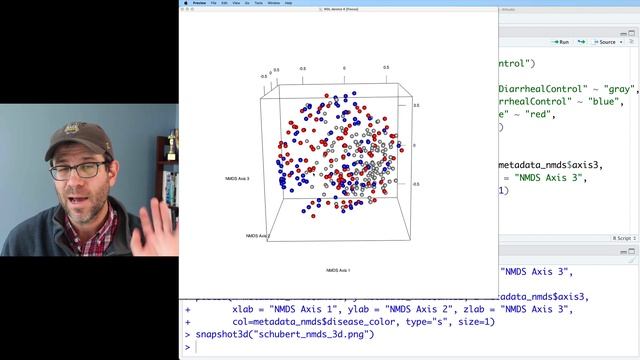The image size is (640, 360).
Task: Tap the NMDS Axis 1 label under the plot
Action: pos(338,270)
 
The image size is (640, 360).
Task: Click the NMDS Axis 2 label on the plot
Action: pos(258,236)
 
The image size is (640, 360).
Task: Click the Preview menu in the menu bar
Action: pos(199,4)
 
